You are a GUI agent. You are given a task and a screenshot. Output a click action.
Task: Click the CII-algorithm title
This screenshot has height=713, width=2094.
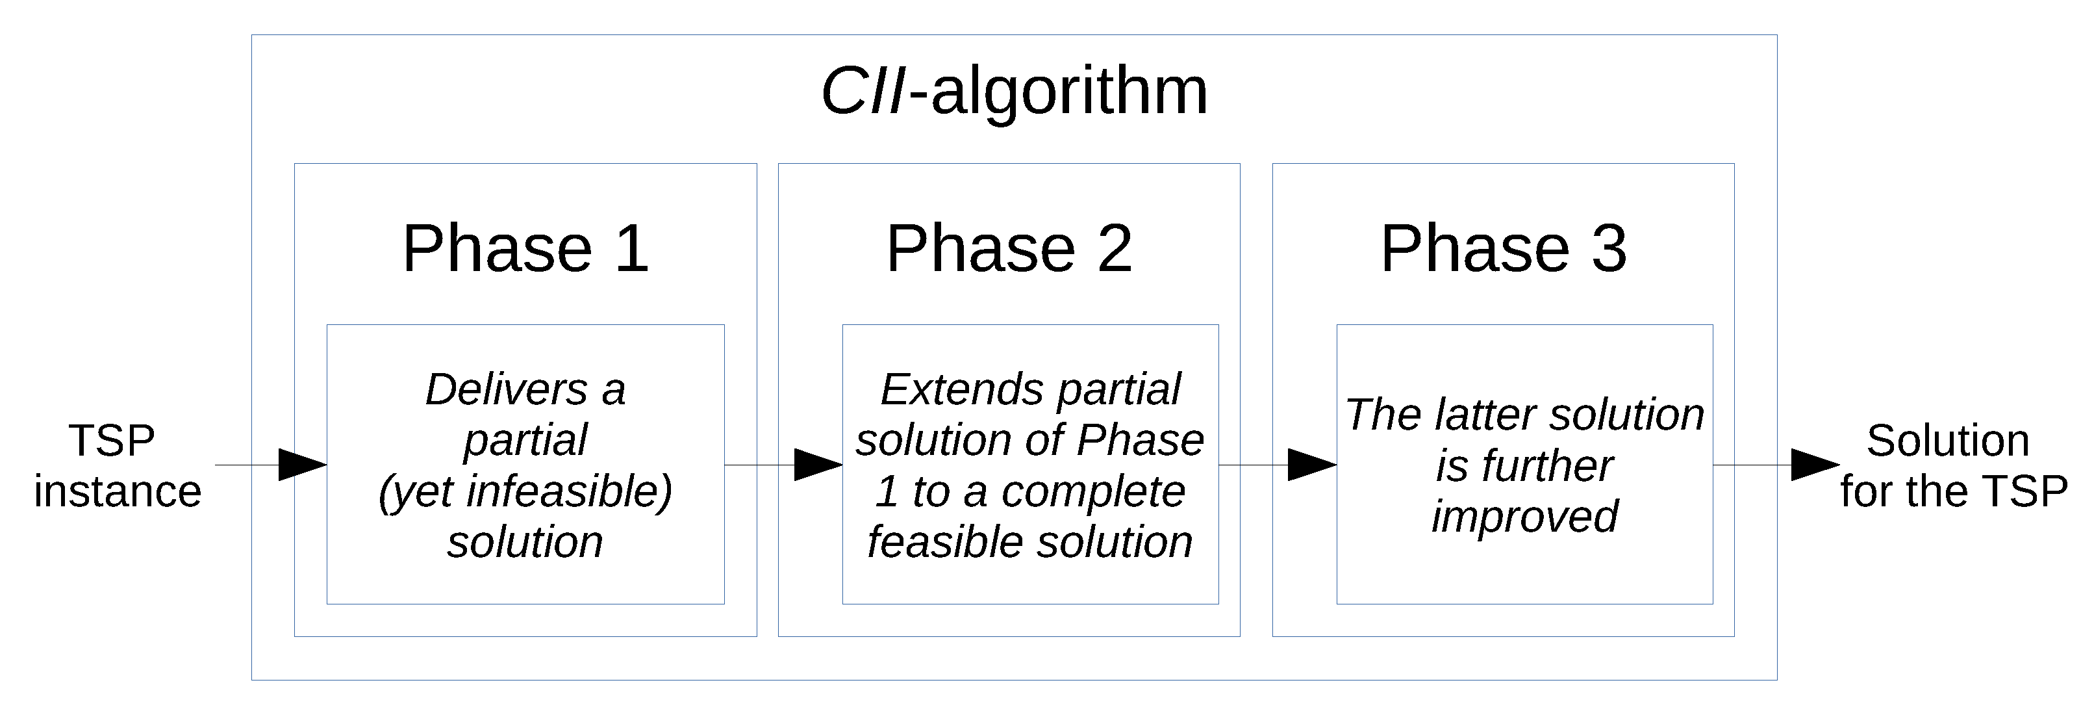[x=1014, y=91]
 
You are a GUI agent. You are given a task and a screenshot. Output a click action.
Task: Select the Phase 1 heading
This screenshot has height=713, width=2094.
[x=525, y=249]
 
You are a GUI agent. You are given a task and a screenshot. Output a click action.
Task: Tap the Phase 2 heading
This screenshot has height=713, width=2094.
[x=1009, y=249]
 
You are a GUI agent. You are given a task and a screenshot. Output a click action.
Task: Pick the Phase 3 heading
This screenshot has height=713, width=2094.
[x=1503, y=249]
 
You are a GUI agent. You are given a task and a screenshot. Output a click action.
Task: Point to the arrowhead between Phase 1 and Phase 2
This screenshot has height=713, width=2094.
[x=818, y=465]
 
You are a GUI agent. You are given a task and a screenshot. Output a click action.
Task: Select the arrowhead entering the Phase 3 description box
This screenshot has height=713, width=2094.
[x=1312, y=465]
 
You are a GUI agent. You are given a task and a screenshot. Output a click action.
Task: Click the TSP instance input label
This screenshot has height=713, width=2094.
[x=117, y=466]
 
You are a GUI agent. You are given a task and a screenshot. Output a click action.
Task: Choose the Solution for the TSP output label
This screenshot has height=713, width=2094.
[x=1952, y=466]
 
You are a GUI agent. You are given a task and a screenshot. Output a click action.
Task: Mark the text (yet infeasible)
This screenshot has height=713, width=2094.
[x=525, y=492]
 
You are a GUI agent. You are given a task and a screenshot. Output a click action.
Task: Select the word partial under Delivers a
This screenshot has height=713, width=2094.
[x=525, y=441]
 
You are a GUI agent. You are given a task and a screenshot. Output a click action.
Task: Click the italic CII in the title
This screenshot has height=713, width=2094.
[x=863, y=91]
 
